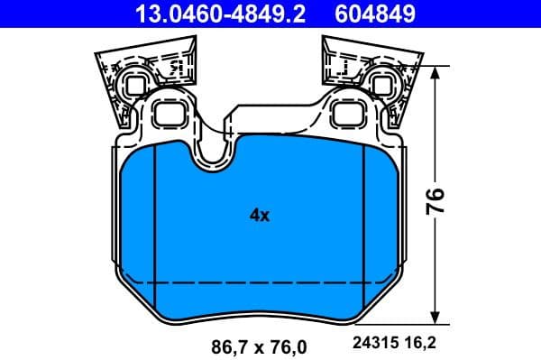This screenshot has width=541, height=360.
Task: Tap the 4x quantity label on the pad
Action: pos(260,215)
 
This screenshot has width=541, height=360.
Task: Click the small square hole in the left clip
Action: pos(135,85)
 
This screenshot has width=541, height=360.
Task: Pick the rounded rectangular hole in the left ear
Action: pos(169,113)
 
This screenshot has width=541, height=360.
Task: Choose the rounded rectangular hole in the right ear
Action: pos(347,113)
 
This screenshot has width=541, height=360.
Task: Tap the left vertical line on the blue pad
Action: pos(156,226)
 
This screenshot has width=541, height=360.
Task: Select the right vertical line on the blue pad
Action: pos(362,226)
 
